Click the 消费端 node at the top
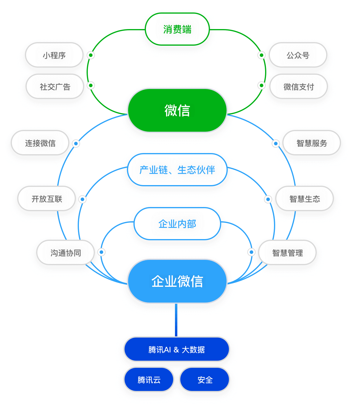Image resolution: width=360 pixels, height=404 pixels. tap(177, 29)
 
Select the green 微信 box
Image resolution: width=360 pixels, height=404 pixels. tap(177, 110)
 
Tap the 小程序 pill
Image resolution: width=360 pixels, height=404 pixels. tap(54, 55)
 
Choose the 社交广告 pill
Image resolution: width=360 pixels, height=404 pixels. tap(55, 87)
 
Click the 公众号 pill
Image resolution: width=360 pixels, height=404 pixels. tap(298, 55)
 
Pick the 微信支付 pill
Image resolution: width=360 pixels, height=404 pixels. tap(298, 87)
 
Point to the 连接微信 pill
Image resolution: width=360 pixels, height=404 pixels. tap(40, 143)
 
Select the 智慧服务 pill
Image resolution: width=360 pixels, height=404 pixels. tap(311, 143)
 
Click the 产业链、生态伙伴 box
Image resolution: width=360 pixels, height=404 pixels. tap(177, 170)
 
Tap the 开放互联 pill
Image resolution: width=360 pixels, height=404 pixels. tap(47, 199)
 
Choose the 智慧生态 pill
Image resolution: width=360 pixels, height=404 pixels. tap(305, 199)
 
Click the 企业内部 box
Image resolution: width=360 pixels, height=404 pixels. tap(177, 224)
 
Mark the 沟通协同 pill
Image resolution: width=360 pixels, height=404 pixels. tap(66, 253)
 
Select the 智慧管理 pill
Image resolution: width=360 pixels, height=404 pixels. tap(287, 253)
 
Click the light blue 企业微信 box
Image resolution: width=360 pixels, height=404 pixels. tap(177, 281)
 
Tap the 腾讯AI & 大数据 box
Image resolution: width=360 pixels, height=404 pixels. tap(177, 349)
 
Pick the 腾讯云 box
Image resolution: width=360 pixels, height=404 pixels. tap(149, 380)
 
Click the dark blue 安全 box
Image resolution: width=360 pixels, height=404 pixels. tap(205, 380)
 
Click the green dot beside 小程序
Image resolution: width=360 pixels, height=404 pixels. tap(91, 55)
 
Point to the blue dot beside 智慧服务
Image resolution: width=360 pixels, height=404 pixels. tap(276, 144)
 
